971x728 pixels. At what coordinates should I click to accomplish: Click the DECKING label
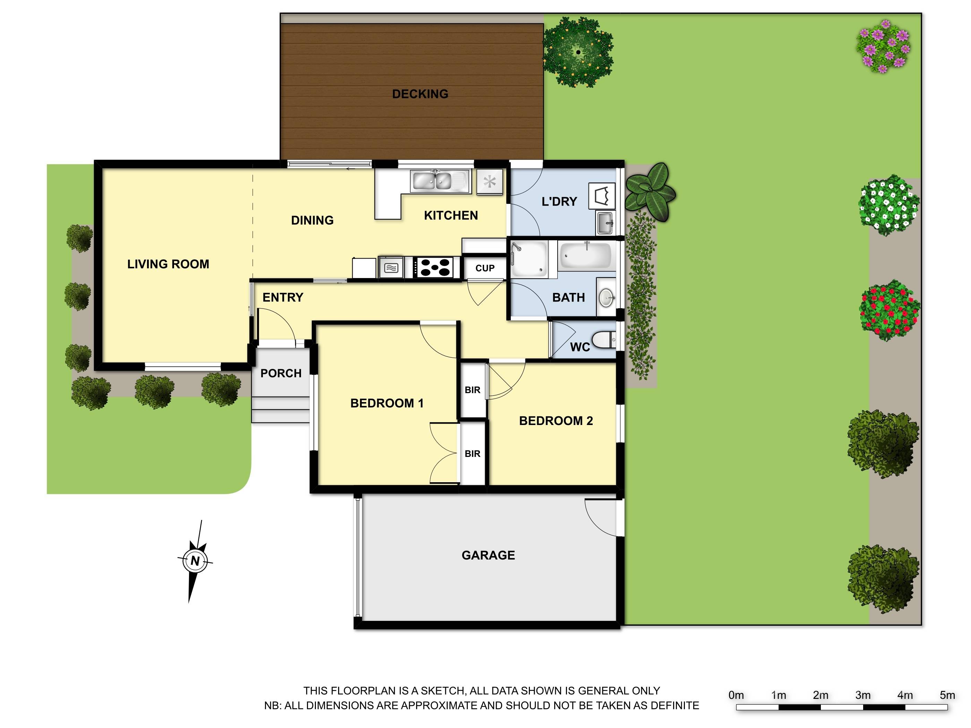click(420, 94)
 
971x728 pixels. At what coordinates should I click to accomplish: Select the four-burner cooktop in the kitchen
click(435, 267)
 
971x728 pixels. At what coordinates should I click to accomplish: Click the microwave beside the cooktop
click(391, 267)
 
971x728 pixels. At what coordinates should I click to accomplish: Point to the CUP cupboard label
click(484, 268)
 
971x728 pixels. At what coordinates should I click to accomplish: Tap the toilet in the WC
click(604, 340)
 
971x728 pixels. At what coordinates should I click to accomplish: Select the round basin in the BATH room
click(607, 297)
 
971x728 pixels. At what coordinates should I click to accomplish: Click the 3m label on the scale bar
click(862, 695)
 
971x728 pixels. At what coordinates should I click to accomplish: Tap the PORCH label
click(281, 373)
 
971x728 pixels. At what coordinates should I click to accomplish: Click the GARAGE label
click(488, 555)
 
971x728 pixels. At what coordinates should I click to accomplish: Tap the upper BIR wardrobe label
click(472, 390)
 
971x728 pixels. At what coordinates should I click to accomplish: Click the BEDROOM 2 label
click(556, 421)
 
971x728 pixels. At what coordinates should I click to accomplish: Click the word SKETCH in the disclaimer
click(443, 691)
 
